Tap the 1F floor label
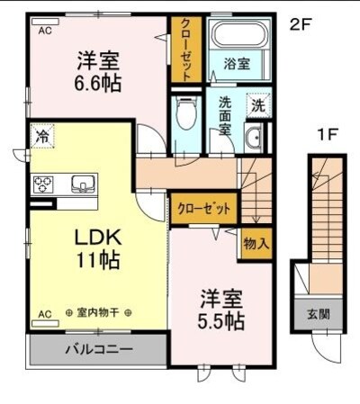click(x=327, y=136)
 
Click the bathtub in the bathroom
click(x=238, y=37)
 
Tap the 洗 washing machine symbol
click(x=257, y=104)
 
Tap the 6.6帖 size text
click(x=98, y=81)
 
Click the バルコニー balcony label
click(x=99, y=349)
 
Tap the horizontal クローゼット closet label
click(x=204, y=208)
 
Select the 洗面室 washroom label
click(x=226, y=113)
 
